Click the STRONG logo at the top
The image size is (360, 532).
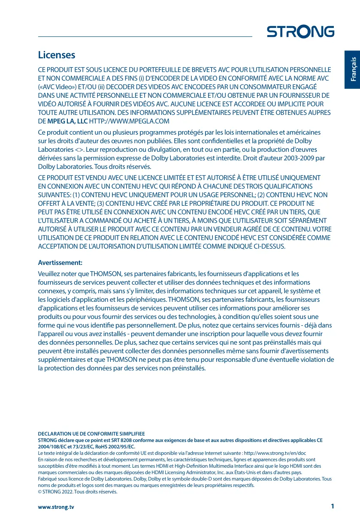point(300,32)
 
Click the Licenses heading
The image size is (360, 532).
point(57,55)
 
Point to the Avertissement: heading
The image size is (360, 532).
point(60,262)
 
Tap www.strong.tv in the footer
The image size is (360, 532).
point(56,507)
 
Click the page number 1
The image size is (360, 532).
point(332,506)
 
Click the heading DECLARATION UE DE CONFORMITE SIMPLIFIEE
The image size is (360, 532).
point(91,434)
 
